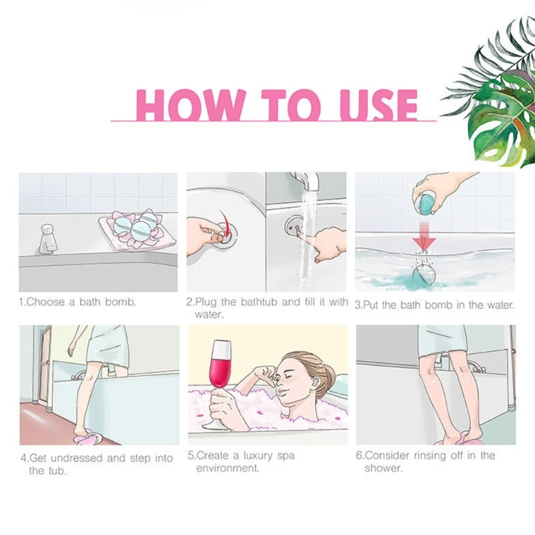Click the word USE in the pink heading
point(379,105)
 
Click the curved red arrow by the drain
point(225,222)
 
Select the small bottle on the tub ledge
point(47,239)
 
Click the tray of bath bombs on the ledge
point(136,229)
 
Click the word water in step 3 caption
point(500,306)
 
